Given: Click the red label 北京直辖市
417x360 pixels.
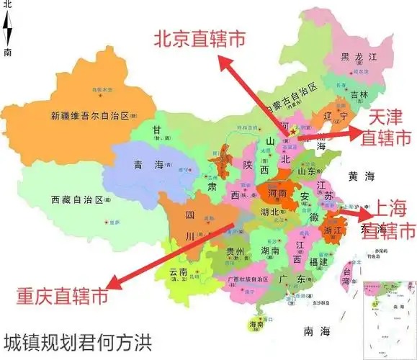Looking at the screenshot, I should click(210, 39).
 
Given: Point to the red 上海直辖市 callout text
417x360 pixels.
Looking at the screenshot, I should click(387, 220).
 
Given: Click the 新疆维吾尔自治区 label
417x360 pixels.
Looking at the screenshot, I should click(88, 115).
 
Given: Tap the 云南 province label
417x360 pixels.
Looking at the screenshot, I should click(178, 273).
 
